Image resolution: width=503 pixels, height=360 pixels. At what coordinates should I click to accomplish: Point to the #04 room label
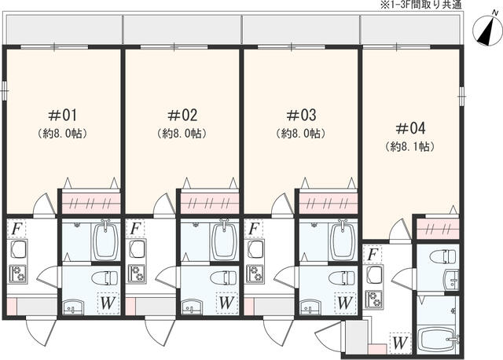410,127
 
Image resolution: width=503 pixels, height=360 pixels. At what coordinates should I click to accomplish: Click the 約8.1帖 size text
410,147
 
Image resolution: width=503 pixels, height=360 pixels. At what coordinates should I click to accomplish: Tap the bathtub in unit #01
105,241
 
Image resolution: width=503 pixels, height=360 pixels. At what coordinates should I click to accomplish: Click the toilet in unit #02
224,278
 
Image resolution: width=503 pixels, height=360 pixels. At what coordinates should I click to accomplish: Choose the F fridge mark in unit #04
373,255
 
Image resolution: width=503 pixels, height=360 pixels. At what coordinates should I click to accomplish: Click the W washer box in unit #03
343,301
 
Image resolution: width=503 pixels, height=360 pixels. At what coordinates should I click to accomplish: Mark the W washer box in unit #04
399,343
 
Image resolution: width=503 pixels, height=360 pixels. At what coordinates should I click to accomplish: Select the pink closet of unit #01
90,203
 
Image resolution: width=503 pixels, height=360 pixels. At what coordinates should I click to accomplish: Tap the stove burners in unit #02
135,274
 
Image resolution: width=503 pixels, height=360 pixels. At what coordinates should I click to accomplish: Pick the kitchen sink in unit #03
255,250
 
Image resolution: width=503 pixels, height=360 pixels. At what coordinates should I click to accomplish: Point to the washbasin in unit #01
74,305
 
